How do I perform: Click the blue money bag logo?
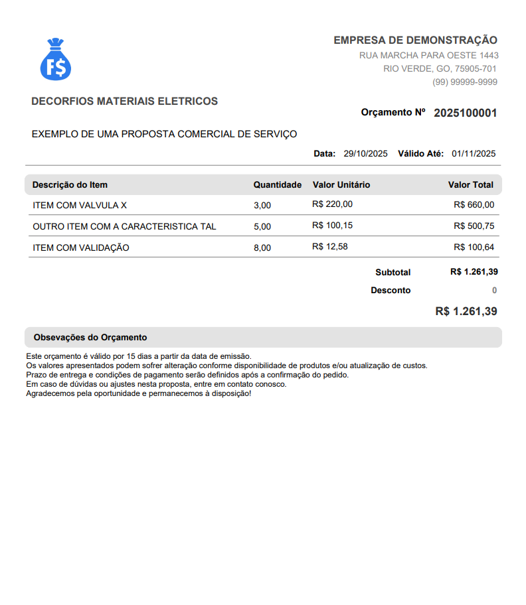tap(56, 60)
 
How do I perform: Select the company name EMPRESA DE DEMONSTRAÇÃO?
tap(415, 40)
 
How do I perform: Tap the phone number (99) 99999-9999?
tap(465, 82)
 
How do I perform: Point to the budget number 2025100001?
tap(465, 113)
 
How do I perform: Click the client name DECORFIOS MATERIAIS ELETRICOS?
tap(124, 101)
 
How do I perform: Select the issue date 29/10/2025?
tap(365, 154)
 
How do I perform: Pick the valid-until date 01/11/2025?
tap(474, 154)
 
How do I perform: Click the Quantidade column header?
tap(278, 185)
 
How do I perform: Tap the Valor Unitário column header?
tap(341, 185)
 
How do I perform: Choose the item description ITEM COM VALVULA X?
tap(80, 206)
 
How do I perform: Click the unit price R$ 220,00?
tap(332, 204)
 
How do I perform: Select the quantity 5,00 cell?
tap(262, 227)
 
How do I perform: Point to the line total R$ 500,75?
tap(474, 226)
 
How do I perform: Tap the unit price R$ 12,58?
tap(330, 247)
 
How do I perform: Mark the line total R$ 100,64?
tap(474, 247)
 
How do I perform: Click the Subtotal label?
tap(393, 273)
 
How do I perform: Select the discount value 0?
tap(494, 291)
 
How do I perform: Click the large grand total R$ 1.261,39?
tap(466, 311)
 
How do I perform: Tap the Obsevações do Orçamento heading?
tap(90, 338)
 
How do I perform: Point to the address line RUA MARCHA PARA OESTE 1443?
tap(429, 56)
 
